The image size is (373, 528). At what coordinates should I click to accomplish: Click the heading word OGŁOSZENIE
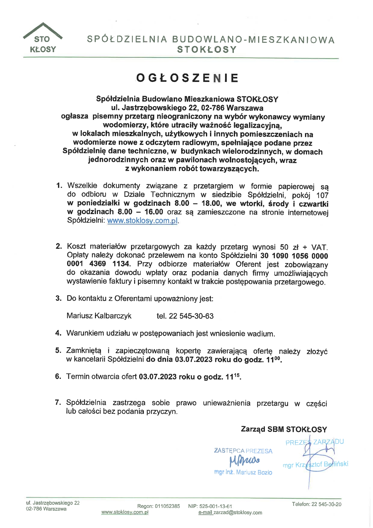187,78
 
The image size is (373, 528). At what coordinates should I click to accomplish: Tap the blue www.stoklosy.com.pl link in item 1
143,221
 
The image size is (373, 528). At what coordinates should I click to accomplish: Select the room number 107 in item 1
322,195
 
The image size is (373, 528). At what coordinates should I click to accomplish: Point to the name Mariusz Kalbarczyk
99,316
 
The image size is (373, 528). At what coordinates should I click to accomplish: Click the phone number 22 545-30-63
191,316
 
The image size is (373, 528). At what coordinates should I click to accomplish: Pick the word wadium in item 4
261,334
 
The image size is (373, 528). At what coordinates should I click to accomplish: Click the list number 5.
58,350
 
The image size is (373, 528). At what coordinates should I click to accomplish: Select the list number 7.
58,402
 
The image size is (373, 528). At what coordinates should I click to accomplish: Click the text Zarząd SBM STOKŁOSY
284,429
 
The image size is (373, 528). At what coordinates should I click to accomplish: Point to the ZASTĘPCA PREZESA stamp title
243,451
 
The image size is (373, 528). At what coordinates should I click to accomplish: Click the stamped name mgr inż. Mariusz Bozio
243,472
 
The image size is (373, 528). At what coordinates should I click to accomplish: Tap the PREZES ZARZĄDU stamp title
314,442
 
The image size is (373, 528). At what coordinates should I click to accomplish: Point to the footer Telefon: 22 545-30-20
317,504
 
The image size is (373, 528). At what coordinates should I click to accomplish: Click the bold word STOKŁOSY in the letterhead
207,50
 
